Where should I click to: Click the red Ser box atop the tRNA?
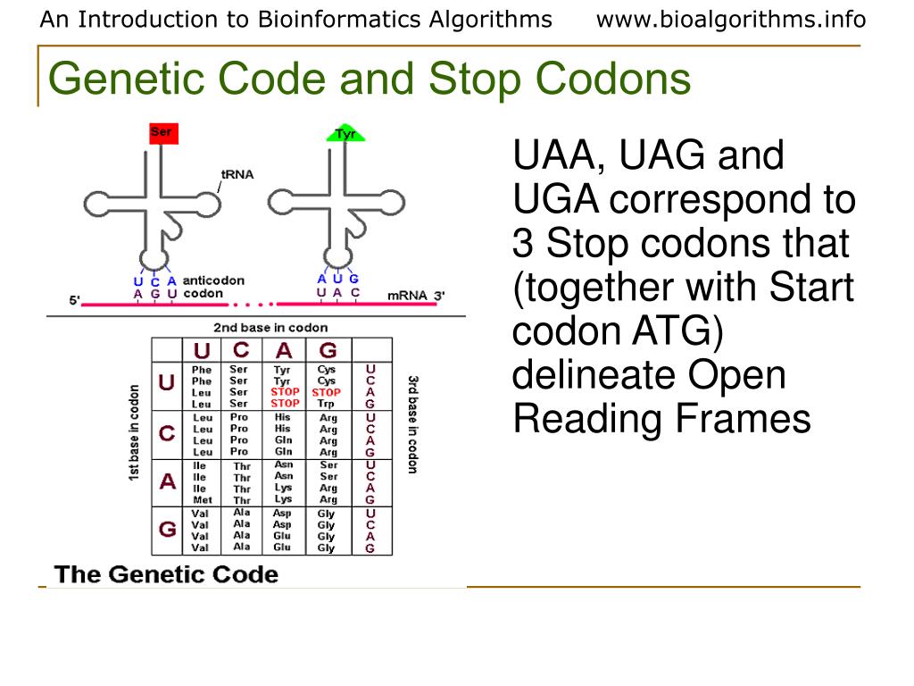pyautogui.click(x=163, y=133)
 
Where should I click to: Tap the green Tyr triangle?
pyautogui.click(x=345, y=134)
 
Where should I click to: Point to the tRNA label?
pyautogui.click(x=237, y=174)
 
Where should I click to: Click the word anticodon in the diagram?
pyautogui.click(x=213, y=280)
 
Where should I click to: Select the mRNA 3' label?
pyautogui.click(x=416, y=295)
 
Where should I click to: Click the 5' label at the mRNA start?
pyautogui.click(x=74, y=300)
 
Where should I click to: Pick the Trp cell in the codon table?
pyautogui.click(x=327, y=404)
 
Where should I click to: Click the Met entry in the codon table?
pyautogui.click(x=203, y=500)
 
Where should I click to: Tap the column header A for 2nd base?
pyautogui.click(x=284, y=350)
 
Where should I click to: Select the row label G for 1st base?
pyautogui.click(x=167, y=529)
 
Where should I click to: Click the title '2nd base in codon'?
pyautogui.click(x=270, y=328)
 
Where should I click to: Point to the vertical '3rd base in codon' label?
pyautogui.click(x=412, y=424)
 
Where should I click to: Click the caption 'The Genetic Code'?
pyautogui.click(x=167, y=574)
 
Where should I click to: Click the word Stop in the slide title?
pyautogui.click(x=474, y=79)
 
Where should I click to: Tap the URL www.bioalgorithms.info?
pyautogui.click(x=731, y=20)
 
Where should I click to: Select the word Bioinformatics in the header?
pyautogui.click(x=328, y=20)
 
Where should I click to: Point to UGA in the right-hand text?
pyautogui.click(x=554, y=200)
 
